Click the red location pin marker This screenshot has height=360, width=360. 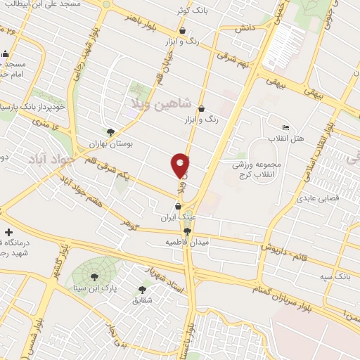[x=181, y=165]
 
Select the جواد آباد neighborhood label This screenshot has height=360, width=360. [x=51, y=159]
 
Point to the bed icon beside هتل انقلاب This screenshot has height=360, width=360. [x=285, y=127]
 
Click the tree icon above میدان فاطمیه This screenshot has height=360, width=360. [x=186, y=231]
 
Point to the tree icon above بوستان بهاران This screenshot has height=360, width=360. [x=110, y=131]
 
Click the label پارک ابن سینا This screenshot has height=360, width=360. [x=94, y=288]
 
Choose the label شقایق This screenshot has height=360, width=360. [x=143, y=300]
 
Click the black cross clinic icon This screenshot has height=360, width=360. [x=8, y=232]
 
